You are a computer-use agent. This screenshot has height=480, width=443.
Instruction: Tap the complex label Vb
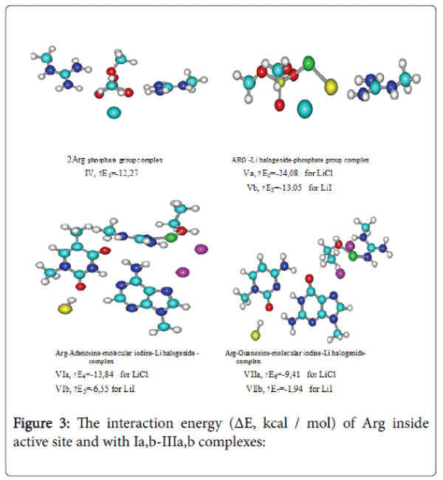[x=253, y=188]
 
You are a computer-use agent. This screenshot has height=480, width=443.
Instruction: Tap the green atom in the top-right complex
[x=309, y=61]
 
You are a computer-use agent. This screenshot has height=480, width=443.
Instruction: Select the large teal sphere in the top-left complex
[x=113, y=112]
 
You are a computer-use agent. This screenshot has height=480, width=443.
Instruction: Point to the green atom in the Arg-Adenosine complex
[x=171, y=238]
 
